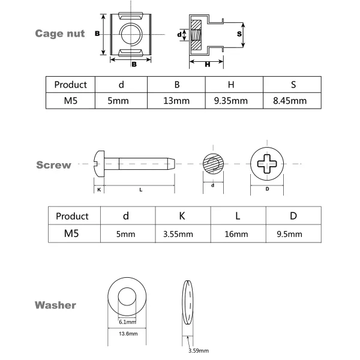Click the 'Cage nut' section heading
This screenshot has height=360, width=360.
(x=59, y=34)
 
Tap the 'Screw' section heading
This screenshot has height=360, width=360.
(x=53, y=165)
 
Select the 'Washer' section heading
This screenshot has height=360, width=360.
(x=55, y=305)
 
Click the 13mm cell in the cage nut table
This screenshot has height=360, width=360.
(x=176, y=101)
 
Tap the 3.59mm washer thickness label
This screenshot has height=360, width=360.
(x=198, y=350)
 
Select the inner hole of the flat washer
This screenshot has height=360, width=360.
(x=128, y=297)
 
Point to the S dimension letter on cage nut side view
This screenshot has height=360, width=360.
(x=239, y=34)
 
